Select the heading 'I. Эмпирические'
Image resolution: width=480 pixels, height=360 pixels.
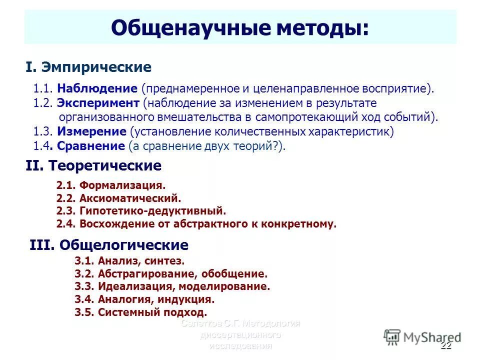[88, 67]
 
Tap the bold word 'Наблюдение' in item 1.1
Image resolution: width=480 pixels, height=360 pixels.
[97, 89]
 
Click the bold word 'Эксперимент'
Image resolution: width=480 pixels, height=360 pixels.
[98, 103]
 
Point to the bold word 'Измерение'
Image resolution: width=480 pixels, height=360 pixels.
[91, 131]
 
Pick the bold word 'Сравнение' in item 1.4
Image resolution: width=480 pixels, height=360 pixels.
[90, 146]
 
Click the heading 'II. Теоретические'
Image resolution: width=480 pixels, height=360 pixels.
[93, 165]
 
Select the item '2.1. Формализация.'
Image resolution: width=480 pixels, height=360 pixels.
[110, 185]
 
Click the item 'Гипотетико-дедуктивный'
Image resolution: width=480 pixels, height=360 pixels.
[152, 211]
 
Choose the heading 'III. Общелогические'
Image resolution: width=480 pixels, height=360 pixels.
[109, 245]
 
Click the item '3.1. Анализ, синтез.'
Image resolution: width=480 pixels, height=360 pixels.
[129, 260]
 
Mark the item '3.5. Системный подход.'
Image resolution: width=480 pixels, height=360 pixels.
[140, 312]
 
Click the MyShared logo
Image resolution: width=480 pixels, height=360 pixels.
[422, 336]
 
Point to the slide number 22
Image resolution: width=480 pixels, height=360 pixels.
[446, 347]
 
